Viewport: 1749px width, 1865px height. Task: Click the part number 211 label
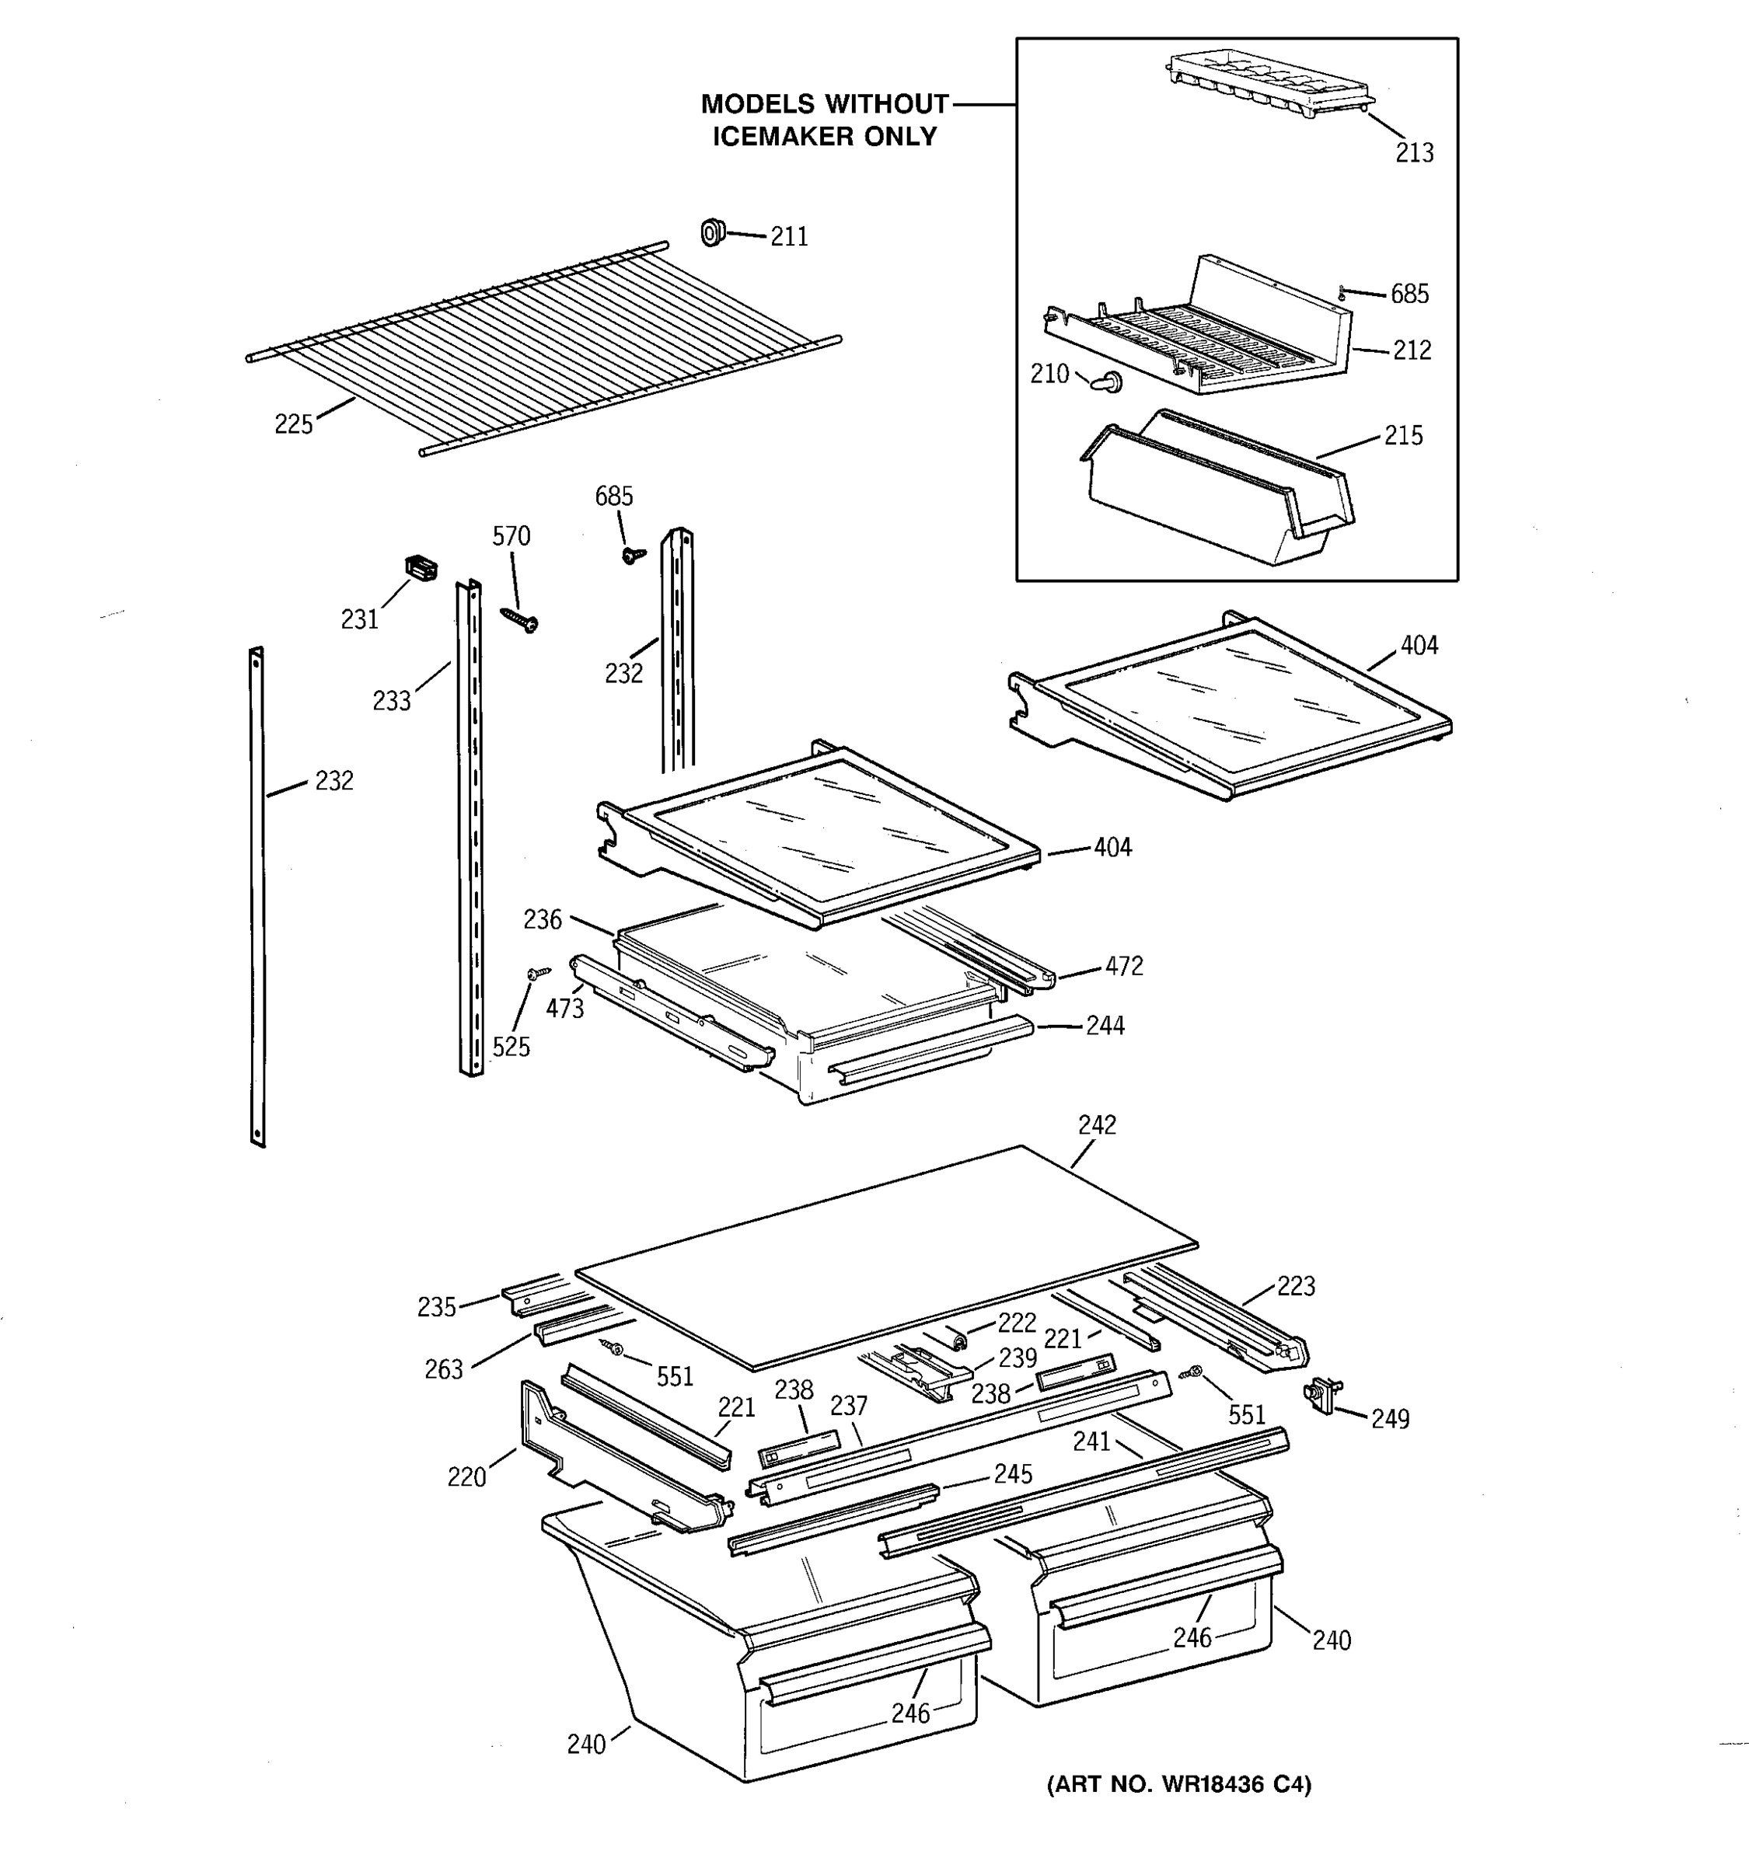click(789, 236)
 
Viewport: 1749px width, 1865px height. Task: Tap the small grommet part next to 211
click(713, 231)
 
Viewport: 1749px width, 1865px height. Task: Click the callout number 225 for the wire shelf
click(293, 424)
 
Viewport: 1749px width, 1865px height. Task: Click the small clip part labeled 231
click(421, 567)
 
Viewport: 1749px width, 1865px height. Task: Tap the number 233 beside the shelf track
click(391, 701)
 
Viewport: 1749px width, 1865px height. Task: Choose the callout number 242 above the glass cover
click(1097, 1124)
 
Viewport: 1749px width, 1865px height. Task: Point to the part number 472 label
click(1124, 965)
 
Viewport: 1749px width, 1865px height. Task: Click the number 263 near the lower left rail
click(444, 1370)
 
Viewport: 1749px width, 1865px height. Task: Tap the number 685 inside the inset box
click(1409, 295)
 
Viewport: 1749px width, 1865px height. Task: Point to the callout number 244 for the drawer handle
click(1105, 1026)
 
